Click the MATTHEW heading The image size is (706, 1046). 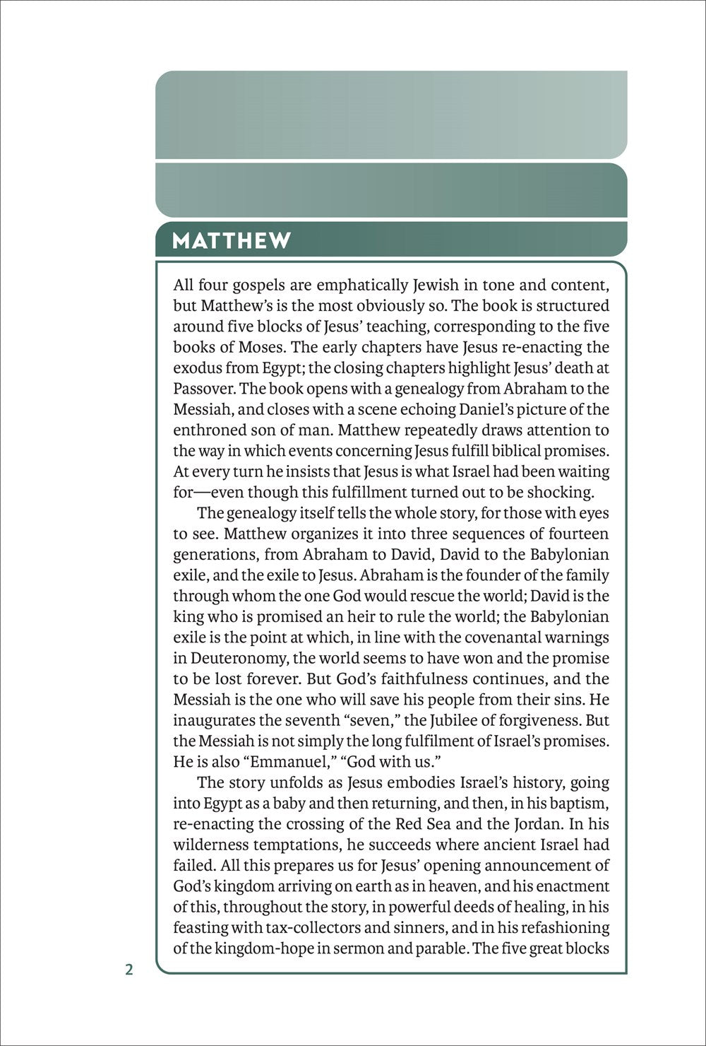point(232,240)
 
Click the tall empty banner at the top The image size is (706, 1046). point(391,114)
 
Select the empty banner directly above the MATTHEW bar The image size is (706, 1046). point(391,189)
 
